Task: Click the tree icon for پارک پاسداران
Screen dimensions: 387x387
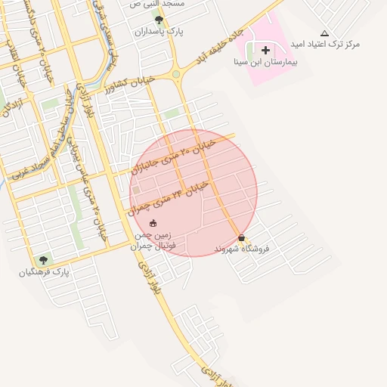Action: click(158, 20)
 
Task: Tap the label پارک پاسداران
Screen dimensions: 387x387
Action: click(160, 32)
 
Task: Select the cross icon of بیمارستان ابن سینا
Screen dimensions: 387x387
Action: click(265, 50)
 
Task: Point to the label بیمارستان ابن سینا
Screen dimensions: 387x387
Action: click(265, 63)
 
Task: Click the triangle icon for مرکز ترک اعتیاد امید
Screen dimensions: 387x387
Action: click(324, 33)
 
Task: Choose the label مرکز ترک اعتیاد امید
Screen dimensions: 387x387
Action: click(327, 45)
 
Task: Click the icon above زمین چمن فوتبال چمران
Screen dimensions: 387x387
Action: click(153, 223)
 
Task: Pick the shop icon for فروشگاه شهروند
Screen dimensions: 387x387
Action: click(241, 237)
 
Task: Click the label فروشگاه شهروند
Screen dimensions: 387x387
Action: click(242, 249)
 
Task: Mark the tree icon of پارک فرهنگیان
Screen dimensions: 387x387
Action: click(43, 260)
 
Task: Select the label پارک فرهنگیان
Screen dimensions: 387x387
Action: click(45, 271)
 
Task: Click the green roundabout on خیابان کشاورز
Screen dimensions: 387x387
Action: click(176, 74)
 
